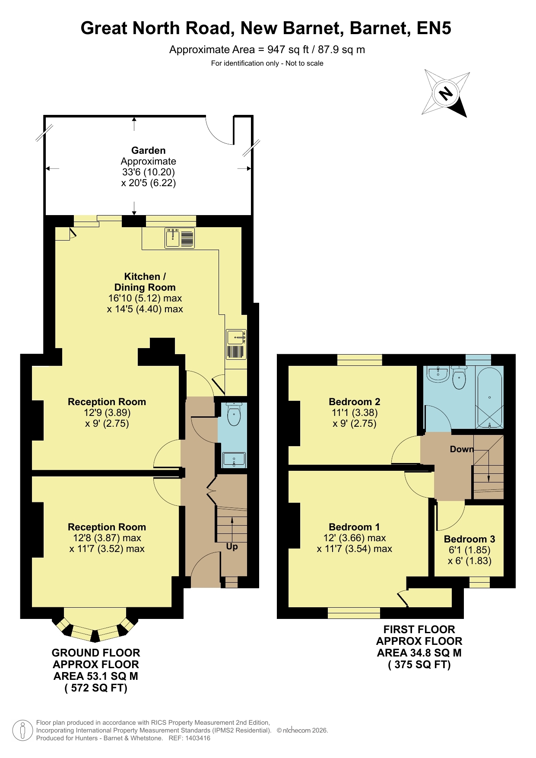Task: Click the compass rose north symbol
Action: [x=446, y=93]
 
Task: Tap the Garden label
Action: [x=149, y=150]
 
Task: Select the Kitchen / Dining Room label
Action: [x=145, y=282]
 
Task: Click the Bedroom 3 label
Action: [x=469, y=539]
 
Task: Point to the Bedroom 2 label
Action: [x=355, y=402]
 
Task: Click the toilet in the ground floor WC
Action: [x=234, y=414]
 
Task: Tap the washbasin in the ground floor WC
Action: [x=234, y=460]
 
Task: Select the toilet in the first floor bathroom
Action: [x=459, y=377]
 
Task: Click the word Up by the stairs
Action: [x=232, y=547]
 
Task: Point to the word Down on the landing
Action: [x=462, y=449]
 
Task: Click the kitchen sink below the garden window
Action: [x=180, y=238]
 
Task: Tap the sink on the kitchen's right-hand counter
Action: [x=236, y=344]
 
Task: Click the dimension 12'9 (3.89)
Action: [x=107, y=412]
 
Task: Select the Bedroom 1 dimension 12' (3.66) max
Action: [x=355, y=538]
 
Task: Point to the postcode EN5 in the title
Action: [x=434, y=28]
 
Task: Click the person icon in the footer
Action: [x=22, y=730]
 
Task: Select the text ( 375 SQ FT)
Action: [x=419, y=664]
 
